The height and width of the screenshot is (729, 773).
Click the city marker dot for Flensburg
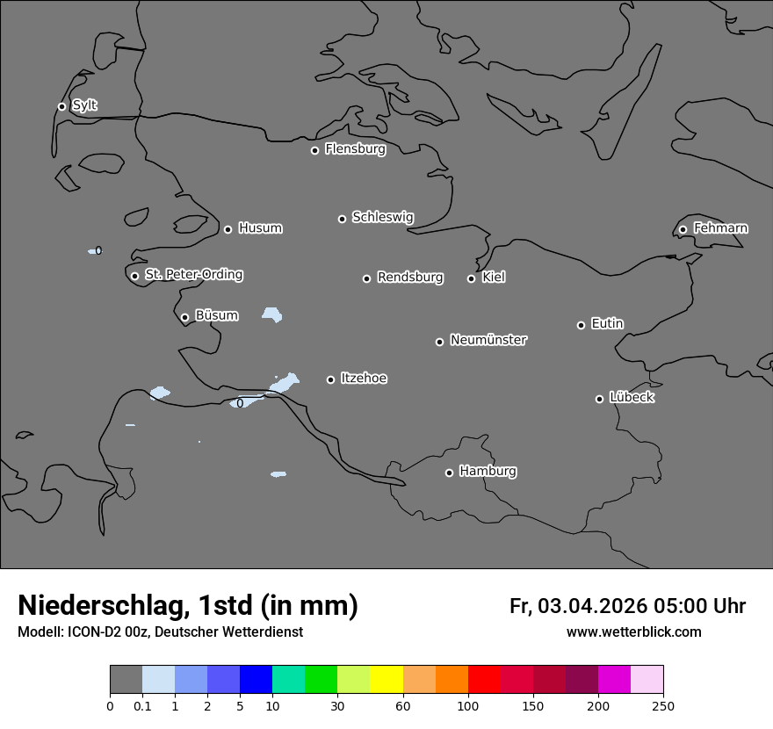click(314, 150)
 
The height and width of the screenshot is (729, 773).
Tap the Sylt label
click(84, 105)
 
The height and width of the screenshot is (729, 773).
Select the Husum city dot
click(228, 229)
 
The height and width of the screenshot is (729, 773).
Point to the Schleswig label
click(383, 217)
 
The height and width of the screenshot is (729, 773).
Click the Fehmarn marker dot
click(683, 229)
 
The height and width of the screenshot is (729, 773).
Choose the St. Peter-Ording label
click(193, 274)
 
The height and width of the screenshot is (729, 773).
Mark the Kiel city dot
click(471, 278)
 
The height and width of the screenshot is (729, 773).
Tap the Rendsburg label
click(410, 278)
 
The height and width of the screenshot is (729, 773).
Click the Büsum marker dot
click(184, 317)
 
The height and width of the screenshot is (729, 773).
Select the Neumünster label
click(488, 340)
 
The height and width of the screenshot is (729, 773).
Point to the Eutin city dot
click(581, 325)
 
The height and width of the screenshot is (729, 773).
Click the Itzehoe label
click(364, 379)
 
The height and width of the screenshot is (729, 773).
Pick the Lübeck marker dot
click(599, 399)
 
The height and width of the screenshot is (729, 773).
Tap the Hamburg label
click(488, 471)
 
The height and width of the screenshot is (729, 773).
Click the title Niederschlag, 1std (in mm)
click(188, 605)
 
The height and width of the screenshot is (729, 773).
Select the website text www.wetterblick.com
click(634, 632)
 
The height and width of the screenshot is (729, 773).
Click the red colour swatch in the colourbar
click(484, 680)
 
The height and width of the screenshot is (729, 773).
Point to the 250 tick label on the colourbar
click(662, 705)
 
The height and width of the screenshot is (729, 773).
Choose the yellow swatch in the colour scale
click(386, 680)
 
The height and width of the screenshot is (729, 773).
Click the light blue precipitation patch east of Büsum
click(272, 314)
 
